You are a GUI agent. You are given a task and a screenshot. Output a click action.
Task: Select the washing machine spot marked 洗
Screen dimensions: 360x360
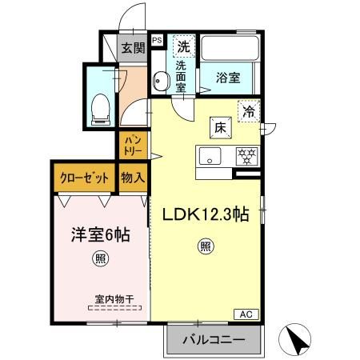[x=183, y=46]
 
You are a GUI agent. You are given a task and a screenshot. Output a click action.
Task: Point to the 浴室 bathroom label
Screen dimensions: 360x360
[x=229, y=78]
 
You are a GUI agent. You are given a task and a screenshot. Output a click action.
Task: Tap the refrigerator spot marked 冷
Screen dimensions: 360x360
[x=249, y=112]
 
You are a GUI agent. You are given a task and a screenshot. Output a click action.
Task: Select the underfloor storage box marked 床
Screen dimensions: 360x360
[x=220, y=126]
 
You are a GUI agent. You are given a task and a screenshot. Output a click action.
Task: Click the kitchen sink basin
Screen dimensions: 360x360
[x=210, y=154]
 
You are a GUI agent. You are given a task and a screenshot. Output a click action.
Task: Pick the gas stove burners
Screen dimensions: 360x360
[x=245, y=154]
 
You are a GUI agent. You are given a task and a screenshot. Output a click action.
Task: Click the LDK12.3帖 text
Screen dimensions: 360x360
[x=205, y=214]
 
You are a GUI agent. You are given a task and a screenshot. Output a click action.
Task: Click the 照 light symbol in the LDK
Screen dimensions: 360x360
[x=205, y=246]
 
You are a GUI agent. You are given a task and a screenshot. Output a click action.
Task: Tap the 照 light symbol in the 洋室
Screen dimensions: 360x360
[x=100, y=258]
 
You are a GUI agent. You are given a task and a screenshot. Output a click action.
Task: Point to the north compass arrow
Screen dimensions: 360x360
[x=298, y=340]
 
